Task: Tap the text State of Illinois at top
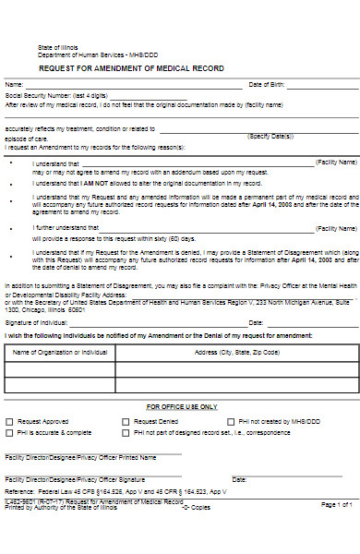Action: point(58,46)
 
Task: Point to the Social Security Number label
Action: point(55,95)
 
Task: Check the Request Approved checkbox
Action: point(9,420)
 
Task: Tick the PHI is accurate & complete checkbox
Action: point(9,432)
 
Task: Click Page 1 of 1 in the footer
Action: point(336,504)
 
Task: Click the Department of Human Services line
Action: point(91,54)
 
